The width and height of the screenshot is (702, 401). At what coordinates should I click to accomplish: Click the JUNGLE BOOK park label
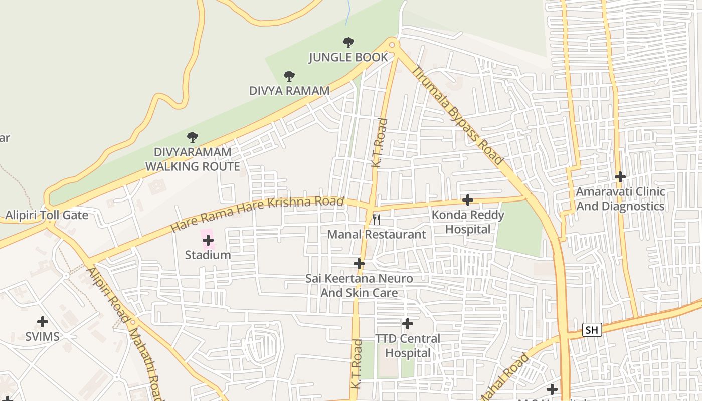pyautogui.click(x=348, y=57)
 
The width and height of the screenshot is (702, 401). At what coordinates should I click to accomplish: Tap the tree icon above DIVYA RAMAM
pyautogui.click(x=289, y=76)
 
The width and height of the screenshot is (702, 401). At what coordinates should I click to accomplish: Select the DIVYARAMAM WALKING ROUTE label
pyautogui.click(x=193, y=159)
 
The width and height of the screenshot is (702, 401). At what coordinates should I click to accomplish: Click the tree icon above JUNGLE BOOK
pyautogui.click(x=348, y=43)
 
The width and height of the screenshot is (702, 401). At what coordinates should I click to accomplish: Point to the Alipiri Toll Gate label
pyautogui.click(x=47, y=216)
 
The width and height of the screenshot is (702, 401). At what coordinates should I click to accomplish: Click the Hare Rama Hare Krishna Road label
pyautogui.click(x=257, y=214)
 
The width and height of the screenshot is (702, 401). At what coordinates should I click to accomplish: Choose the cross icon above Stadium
pyautogui.click(x=208, y=240)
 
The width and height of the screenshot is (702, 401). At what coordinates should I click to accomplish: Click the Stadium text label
pyautogui.click(x=208, y=255)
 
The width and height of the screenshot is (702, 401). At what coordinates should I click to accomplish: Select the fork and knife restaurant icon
pyautogui.click(x=376, y=219)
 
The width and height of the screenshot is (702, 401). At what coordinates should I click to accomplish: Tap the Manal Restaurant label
pyautogui.click(x=376, y=234)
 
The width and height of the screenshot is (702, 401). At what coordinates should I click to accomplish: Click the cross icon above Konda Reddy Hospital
pyautogui.click(x=467, y=200)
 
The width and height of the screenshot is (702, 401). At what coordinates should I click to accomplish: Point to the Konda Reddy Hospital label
pyautogui.click(x=468, y=222)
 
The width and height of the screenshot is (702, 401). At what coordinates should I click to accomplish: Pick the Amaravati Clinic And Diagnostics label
pyautogui.click(x=620, y=199)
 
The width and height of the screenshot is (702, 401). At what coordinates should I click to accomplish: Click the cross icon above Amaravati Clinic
pyautogui.click(x=620, y=177)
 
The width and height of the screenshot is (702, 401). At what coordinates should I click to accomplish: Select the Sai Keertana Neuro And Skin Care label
pyautogui.click(x=359, y=285)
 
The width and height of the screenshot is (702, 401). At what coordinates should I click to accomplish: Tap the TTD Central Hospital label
pyautogui.click(x=408, y=346)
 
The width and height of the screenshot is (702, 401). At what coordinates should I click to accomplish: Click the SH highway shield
pyautogui.click(x=592, y=330)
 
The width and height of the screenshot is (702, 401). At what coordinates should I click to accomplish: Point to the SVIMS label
pyautogui.click(x=43, y=336)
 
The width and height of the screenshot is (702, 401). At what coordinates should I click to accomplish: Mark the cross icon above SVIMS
pyautogui.click(x=43, y=322)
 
